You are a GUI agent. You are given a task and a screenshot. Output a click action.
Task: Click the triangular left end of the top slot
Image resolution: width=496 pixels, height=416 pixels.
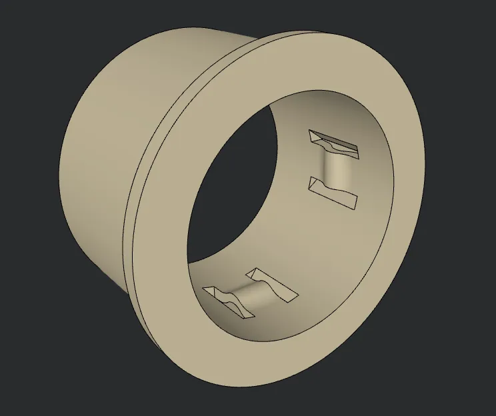coord(313,137)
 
